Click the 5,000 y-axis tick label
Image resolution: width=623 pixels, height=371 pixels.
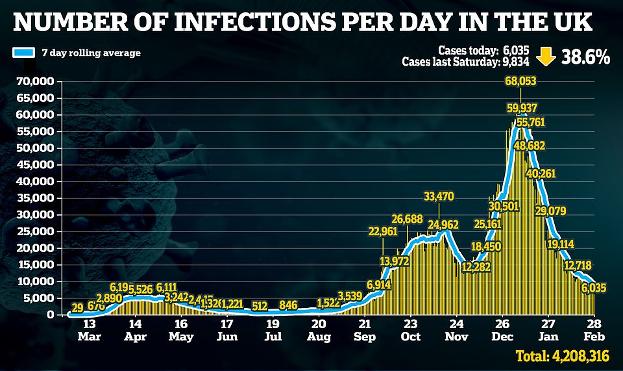[x=39, y=298]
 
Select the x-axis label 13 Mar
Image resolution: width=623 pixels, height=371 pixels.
[x=90, y=331]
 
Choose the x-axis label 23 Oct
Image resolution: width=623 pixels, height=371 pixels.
[x=410, y=331]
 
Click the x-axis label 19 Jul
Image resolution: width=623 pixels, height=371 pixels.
[x=273, y=331]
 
